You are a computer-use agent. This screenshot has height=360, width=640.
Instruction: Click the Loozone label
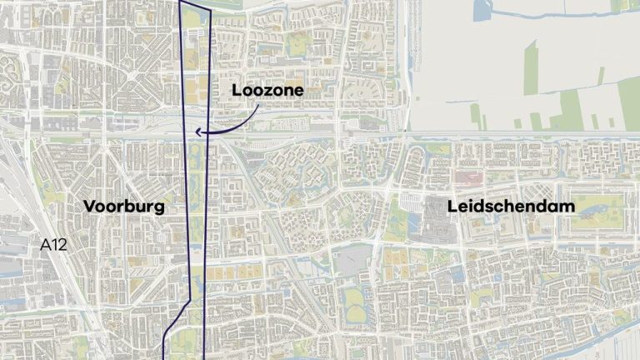267,90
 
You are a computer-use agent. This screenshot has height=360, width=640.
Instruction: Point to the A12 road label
53,245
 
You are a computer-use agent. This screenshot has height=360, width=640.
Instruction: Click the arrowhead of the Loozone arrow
197,131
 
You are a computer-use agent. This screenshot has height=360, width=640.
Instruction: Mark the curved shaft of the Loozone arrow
237,122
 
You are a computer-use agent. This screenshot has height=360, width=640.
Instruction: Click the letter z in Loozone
267,90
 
